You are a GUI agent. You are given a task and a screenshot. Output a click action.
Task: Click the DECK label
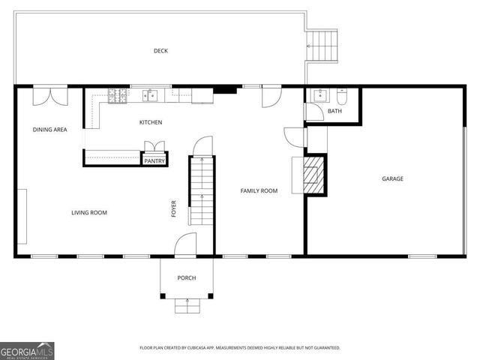point(160,51)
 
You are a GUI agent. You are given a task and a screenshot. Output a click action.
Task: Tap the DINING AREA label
point(49,130)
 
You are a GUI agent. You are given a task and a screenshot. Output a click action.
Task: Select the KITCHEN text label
point(151,122)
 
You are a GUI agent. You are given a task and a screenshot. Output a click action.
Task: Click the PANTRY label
point(154,160)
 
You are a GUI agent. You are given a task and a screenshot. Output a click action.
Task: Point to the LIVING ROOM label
point(89,213)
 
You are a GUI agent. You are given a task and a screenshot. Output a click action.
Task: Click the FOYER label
point(173,208)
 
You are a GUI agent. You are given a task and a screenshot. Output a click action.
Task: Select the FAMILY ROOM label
point(259,191)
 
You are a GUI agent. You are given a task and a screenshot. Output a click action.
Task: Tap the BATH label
point(334,112)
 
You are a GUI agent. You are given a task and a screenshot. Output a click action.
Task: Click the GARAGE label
point(392,178)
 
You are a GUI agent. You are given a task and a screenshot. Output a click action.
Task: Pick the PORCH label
point(187,278)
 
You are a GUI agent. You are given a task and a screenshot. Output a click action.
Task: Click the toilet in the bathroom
point(342,96)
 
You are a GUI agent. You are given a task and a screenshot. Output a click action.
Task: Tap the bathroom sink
point(319,95)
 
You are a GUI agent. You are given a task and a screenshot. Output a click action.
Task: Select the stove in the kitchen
point(118,94)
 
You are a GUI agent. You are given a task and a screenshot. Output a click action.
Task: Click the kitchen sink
point(150,94)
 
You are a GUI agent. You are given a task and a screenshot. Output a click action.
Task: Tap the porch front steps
point(187,304)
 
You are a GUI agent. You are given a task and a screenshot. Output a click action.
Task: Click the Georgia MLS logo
point(27,350)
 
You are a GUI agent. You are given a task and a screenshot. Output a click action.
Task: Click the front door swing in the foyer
point(185,244)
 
